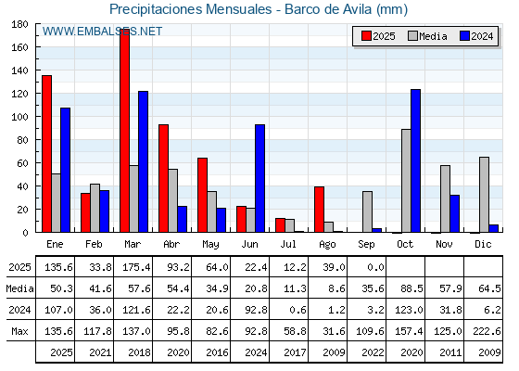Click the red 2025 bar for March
125,131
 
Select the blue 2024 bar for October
416,160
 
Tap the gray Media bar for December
484,195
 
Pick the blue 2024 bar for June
259,178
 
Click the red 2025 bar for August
320,210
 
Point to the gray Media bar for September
367,211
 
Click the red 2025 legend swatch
366,36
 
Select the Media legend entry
427,36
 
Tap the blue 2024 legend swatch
464,36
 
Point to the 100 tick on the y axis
19,117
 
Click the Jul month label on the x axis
288,245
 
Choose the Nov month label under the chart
444,245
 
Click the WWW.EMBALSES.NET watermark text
102,32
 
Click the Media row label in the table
19,288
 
